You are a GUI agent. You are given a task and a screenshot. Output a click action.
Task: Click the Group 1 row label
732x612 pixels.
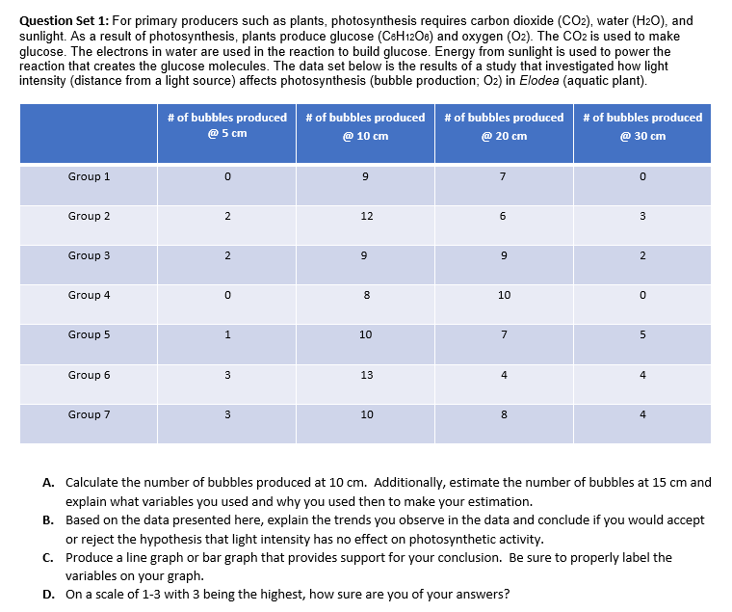89,176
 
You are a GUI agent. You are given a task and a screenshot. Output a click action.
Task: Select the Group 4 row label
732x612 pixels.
89,295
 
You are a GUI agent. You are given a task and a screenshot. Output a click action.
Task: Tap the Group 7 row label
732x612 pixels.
89,414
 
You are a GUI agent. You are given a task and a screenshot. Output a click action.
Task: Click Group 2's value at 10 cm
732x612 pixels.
366,216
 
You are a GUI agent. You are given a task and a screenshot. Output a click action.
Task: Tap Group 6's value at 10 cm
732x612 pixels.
366,375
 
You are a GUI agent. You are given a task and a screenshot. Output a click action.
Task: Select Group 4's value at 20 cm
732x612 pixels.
504,296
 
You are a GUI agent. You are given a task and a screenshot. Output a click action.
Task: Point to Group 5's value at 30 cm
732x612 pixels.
642,335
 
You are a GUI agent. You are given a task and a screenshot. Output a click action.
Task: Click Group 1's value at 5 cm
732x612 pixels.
226,176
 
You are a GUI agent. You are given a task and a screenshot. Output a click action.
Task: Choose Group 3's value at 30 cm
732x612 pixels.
642,256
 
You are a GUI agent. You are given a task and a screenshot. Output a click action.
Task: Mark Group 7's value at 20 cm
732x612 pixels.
504,415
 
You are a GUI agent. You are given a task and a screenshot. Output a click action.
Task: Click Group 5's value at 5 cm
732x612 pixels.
226,335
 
